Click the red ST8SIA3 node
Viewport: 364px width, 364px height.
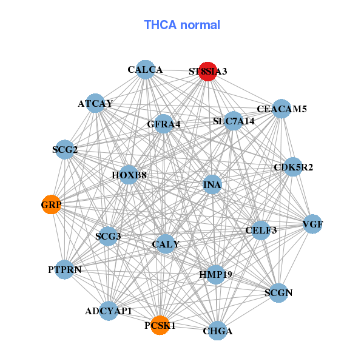(208, 71)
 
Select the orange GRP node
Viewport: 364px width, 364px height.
(52, 205)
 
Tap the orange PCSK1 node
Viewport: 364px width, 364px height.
(160, 325)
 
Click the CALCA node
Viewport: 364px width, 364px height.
(145, 70)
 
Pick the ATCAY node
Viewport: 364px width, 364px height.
(95, 103)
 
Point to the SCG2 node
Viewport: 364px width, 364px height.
(65, 149)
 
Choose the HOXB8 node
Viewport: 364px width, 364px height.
(129, 175)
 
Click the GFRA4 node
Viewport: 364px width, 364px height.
(164, 124)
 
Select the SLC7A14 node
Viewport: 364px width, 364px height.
(234, 121)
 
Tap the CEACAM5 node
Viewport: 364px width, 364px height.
(281, 109)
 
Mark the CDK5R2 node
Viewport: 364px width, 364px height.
(293, 167)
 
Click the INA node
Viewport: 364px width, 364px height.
(212, 184)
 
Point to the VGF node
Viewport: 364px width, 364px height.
(312, 224)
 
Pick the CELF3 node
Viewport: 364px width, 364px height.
(261, 230)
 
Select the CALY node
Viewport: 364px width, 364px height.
(166, 244)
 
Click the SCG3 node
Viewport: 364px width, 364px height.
(108, 236)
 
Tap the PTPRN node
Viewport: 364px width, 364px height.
(65, 269)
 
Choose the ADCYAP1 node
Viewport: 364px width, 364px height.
(109, 311)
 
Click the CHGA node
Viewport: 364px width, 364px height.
(217, 331)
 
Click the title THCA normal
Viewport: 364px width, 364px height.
(182, 25)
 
